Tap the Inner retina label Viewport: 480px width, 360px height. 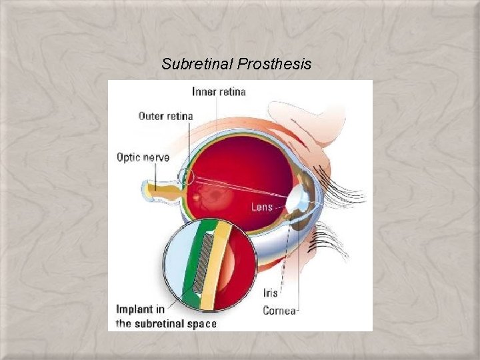(x=219, y=91)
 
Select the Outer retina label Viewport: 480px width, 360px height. (x=165, y=116)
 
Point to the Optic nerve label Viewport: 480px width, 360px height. (x=143, y=157)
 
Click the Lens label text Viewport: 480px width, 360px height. (x=261, y=207)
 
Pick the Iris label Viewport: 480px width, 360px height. (x=271, y=293)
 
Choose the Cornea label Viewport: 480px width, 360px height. (x=279, y=310)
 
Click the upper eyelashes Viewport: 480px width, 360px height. (x=343, y=187)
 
